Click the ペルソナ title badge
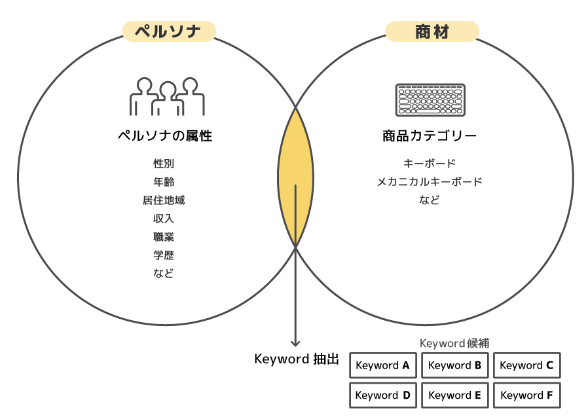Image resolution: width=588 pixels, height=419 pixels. (168, 31)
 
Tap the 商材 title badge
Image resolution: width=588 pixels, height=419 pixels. (432, 31)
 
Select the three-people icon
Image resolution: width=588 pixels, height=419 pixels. (168, 97)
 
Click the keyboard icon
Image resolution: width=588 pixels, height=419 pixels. (430, 100)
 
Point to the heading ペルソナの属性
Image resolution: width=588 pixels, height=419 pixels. (164, 136)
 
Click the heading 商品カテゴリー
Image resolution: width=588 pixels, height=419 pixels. (430, 136)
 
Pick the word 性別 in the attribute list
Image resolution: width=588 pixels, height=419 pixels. (164, 164)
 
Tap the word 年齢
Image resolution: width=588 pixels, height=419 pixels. (164, 182)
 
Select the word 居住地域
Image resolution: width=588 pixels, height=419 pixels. (164, 200)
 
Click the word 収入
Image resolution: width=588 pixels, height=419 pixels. (164, 219)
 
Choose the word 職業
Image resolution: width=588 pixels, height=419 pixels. (164, 237)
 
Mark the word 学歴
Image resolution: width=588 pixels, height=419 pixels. (164, 255)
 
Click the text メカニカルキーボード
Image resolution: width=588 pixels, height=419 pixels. (430, 182)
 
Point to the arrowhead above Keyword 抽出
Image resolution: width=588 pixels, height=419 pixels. (295, 342)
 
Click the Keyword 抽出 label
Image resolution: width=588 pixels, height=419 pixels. (296, 359)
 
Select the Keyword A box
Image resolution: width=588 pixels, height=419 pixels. (383, 365)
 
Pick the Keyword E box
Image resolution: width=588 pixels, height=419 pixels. (455, 395)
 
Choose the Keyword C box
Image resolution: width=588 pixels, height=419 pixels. (526, 365)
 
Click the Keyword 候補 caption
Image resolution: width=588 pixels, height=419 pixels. (454, 343)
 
